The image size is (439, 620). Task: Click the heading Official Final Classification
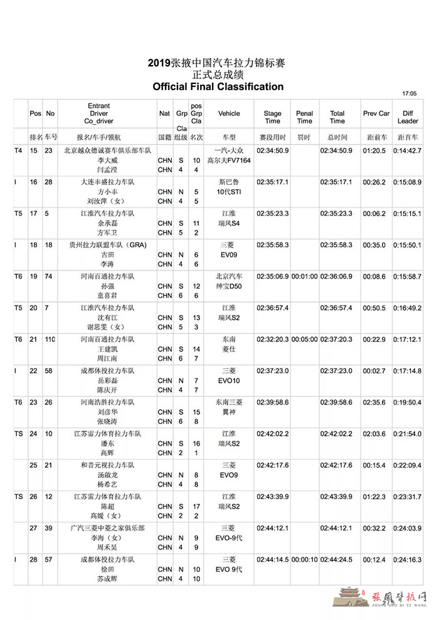(x=218, y=86)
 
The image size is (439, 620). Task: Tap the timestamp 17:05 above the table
(x=410, y=94)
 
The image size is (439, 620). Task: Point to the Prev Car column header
(x=376, y=114)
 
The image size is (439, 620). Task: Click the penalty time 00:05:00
(x=305, y=339)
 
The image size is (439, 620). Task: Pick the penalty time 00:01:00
(x=305, y=276)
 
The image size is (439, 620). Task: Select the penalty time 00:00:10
(x=305, y=558)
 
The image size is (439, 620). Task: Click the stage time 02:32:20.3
(x=273, y=339)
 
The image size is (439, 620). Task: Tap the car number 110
(x=51, y=339)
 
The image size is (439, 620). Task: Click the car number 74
(x=48, y=276)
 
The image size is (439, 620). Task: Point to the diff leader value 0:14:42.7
(x=408, y=151)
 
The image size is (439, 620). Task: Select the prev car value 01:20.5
(x=376, y=151)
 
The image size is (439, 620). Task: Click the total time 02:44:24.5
(x=337, y=558)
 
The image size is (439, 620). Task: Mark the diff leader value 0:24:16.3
(x=408, y=558)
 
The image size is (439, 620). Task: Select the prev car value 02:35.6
(x=376, y=401)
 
